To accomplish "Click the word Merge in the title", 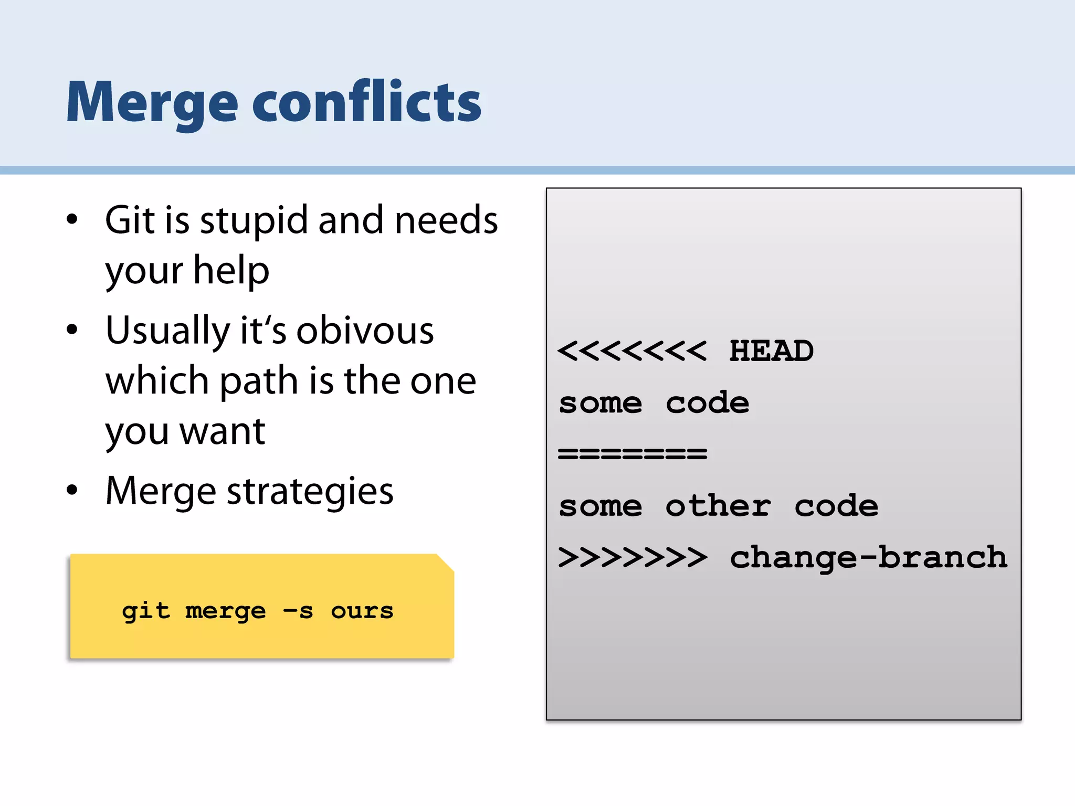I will (152, 103).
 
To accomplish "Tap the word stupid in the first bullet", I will (254, 220).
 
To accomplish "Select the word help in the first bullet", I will (231, 271).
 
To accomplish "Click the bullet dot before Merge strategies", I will (72, 490).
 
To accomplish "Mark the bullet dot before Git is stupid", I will (72, 219).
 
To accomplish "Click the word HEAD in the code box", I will (771, 351).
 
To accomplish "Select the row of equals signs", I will (633, 453).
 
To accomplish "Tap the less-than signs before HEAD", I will (633, 351).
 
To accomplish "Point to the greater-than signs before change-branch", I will (633, 557).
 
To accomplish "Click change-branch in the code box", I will (868, 557).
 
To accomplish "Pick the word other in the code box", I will (718, 506).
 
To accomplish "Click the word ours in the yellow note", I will (362, 611).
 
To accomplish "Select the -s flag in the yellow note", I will (298, 611).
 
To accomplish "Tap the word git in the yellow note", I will (146, 611).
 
